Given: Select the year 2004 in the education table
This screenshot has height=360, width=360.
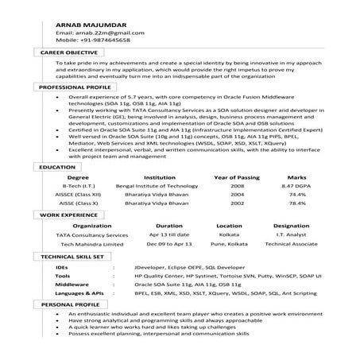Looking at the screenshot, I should click(x=237, y=194).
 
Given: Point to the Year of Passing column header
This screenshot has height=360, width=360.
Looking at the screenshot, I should click(x=238, y=177).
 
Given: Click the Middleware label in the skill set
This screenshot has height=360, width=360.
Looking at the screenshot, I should click(x=73, y=284).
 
